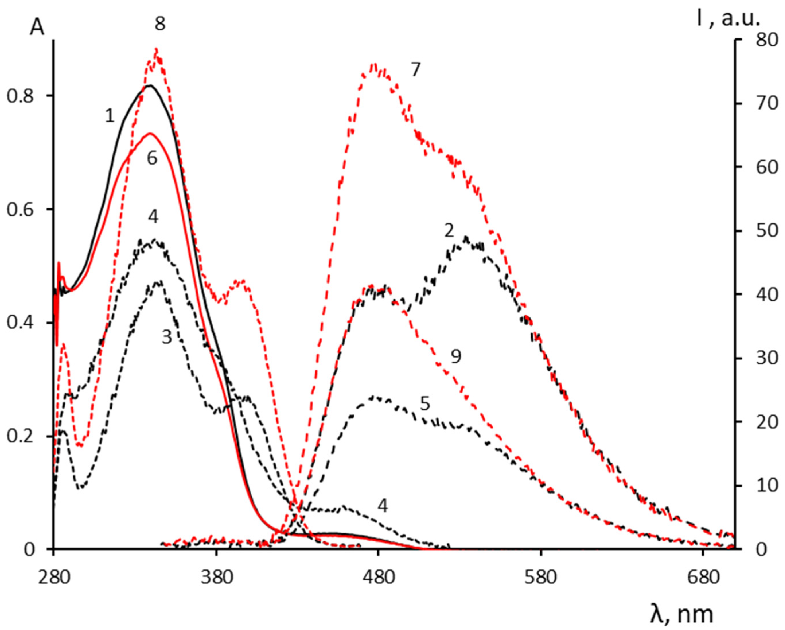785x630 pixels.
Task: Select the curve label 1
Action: click(x=110, y=116)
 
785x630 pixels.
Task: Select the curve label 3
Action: click(x=167, y=338)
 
